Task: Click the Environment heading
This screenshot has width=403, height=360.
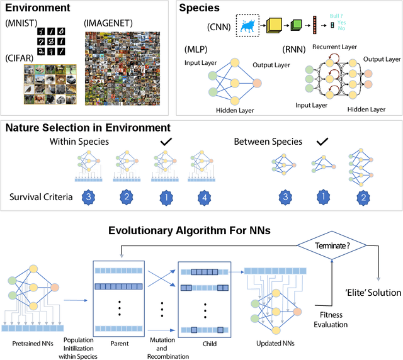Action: coord(37,8)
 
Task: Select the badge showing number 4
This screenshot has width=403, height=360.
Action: coord(202,196)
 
